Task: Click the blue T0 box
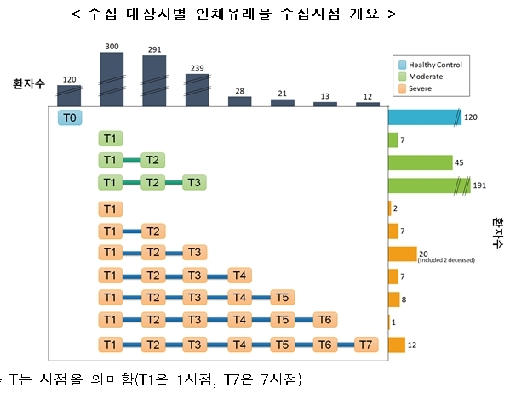pyautogui.click(x=70, y=117)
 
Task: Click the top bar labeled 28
pyautogui.click(x=239, y=101)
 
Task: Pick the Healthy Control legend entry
pyautogui.click(x=430, y=65)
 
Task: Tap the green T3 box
pyautogui.click(x=194, y=183)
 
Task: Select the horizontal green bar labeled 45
pyautogui.click(x=420, y=162)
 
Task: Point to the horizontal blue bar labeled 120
pyautogui.click(x=424, y=117)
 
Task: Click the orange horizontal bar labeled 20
pyautogui.click(x=402, y=254)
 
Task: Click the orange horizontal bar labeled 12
pyautogui.click(x=396, y=345)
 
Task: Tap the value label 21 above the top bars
pyautogui.click(x=282, y=92)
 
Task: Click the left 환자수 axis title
pyautogui.click(x=29, y=84)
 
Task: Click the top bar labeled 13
pyautogui.click(x=324, y=104)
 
